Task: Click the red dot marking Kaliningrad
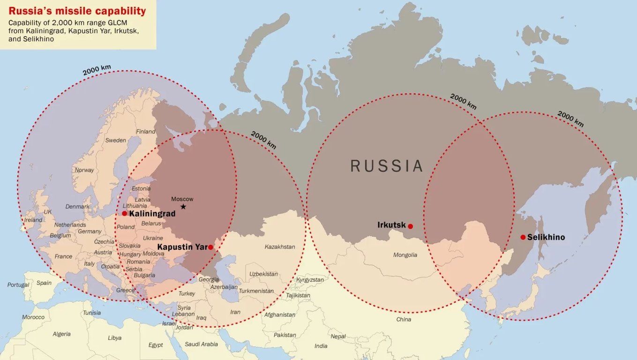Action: [124, 213]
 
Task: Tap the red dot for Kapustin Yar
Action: [210, 247]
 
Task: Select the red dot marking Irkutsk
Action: [410, 226]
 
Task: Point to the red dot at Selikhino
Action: [523, 237]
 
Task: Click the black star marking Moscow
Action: [183, 207]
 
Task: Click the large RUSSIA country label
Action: [387, 166]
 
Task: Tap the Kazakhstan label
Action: [280, 247]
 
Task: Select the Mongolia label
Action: [405, 255]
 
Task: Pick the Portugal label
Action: [18, 285]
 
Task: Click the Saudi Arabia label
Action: [201, 344]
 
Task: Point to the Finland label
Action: [145, 131]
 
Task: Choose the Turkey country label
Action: [187, 293]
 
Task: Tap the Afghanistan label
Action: [280, 315]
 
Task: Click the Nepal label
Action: [337, 336]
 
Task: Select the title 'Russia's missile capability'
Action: [77, 11]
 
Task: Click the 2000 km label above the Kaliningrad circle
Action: [97, 70]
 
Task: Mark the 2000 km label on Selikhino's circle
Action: [570, 119]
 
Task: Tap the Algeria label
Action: [61, 334]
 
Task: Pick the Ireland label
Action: [33, 220]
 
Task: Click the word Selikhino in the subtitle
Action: [38, 39]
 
